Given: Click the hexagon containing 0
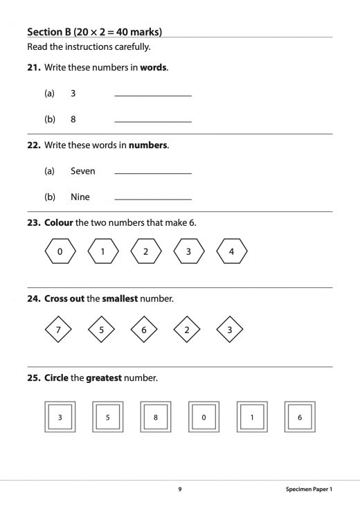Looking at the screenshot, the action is (x=60, y=251).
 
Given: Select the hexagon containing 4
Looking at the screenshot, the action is (x=232, y=251).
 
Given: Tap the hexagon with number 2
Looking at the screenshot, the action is (x=146, y=251).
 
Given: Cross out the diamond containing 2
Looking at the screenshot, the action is (x=187, y=330).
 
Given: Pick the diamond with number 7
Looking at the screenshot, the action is (x=58, y=330).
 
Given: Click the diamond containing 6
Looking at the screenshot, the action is (x=144, y=330).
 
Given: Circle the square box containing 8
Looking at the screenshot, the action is (x=156, y=418).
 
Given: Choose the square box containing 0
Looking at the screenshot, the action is (x=204, y=418).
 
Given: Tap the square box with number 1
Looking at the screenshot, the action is (x=252, y=418).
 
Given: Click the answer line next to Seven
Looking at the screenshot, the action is (x=152, y=172).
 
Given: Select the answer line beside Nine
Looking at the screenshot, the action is (x=152, y=199).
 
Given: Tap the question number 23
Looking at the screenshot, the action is (x=34, y=223).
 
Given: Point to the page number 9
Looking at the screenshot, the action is (x=180, y=489).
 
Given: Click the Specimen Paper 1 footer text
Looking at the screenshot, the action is (x=309, y=489).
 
